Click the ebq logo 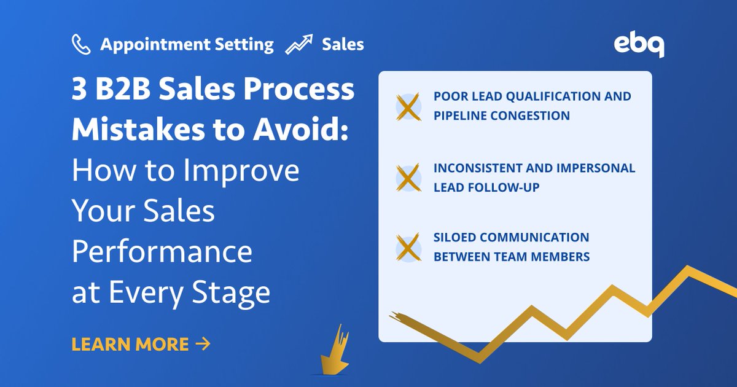(639, 45)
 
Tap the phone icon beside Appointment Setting (82, 44)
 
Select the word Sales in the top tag (343, 44)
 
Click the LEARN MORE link (130, 344)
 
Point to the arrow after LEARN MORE (202, 344)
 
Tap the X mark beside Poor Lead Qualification (407, 106)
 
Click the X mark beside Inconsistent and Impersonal (407, 177)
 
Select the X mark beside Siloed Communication (407, 247)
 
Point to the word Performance (162, 252)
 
